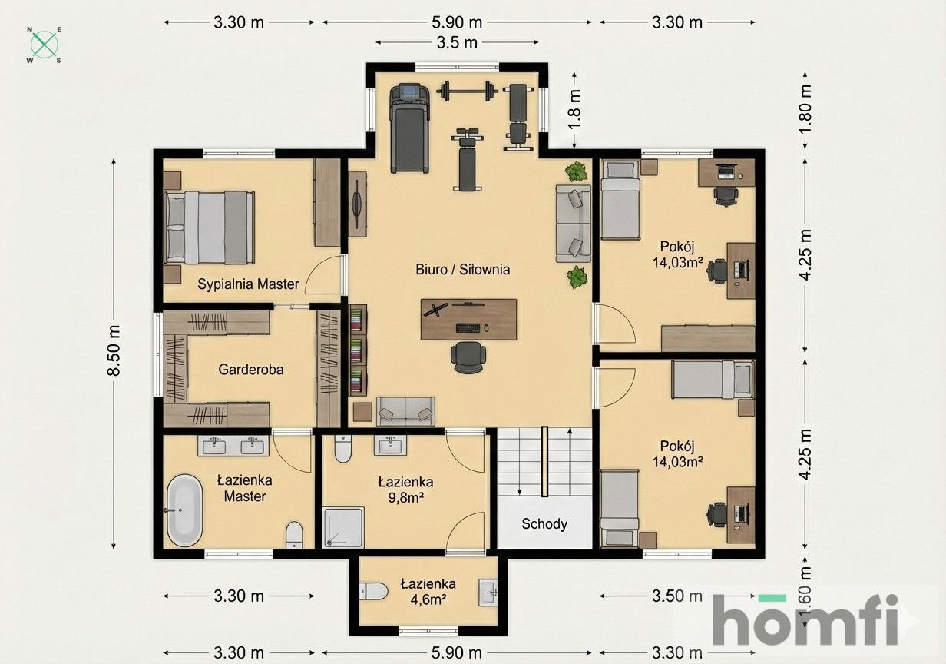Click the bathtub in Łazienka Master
184,510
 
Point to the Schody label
544,524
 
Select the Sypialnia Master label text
248,284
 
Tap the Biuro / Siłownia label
463,270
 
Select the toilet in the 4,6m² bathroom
375,592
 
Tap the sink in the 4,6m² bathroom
488,592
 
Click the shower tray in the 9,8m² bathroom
343,527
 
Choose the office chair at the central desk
468,357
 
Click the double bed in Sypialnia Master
210,227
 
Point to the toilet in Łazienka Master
294,535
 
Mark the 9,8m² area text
405,497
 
